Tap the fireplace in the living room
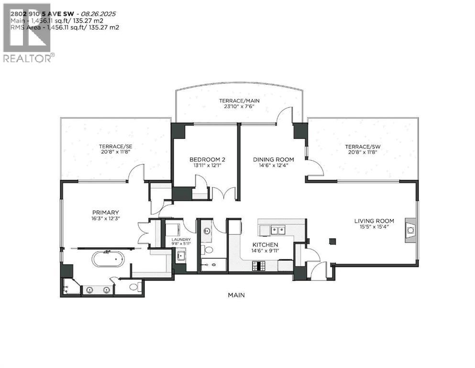click(410, 230)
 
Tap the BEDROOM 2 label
click(204, 160)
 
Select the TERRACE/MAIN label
click(239, 101)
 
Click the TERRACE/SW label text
click(363, 146)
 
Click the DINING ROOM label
click(274, 160)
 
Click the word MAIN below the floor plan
click(236, 295)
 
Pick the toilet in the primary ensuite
click(134, 287)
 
